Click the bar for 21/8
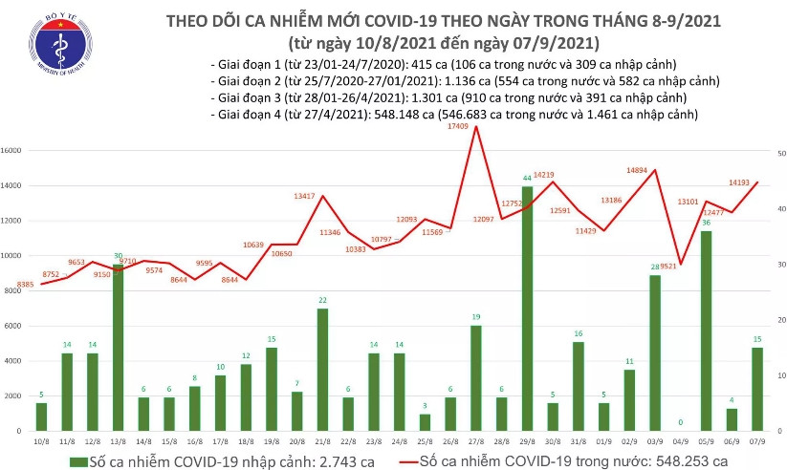pyautogui.click(x=322, y=369)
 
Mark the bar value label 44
pyautogui.click(x=527, y=179)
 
